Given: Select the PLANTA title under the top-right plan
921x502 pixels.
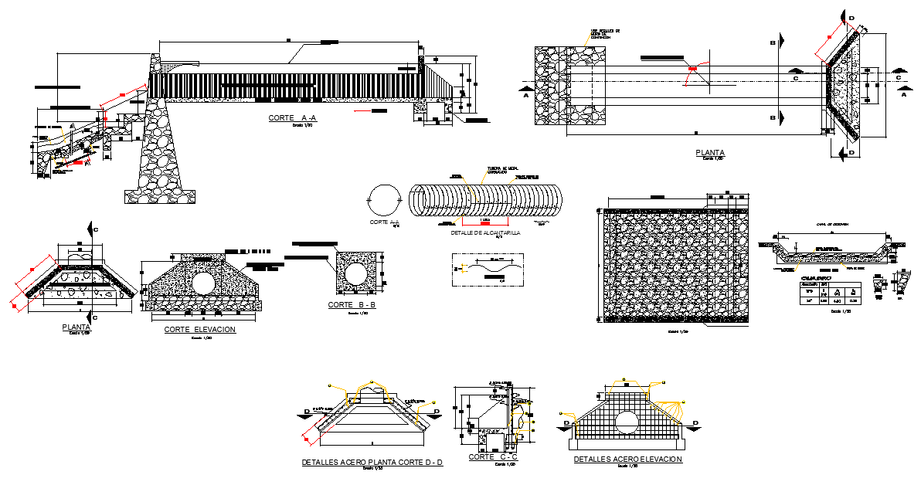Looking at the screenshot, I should [x=709, y=153].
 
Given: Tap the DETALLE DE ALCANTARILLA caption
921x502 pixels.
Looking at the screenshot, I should [x=484, y=232].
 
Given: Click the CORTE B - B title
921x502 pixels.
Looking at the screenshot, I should [x=352, y=305].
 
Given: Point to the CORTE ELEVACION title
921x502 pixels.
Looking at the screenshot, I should [x=199, y=329].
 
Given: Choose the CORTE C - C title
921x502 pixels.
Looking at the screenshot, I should [x=493, y=458].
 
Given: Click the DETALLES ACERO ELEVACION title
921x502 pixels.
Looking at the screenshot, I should [x=627, y=459].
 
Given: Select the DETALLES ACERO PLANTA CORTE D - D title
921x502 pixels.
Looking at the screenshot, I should [x=372, y=463].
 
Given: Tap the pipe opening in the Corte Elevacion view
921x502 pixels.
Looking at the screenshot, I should [x=203, y=283].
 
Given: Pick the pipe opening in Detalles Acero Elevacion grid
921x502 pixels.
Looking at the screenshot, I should [x=627, y=422].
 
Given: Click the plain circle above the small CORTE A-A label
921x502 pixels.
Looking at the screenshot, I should [x=383, y=200].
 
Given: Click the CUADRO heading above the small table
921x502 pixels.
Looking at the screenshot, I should [x=816, y=277].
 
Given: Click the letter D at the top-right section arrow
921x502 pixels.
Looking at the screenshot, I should [x=851, y=18].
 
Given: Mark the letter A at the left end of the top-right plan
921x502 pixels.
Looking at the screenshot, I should [x=525, y=97].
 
